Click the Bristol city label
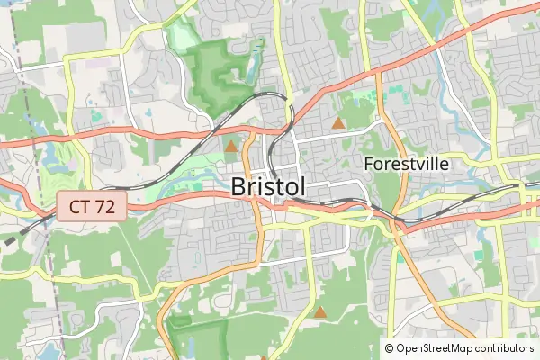268,187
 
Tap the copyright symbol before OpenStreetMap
390,347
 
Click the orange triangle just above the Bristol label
231,145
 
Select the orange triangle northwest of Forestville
338,122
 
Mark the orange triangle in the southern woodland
320,312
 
